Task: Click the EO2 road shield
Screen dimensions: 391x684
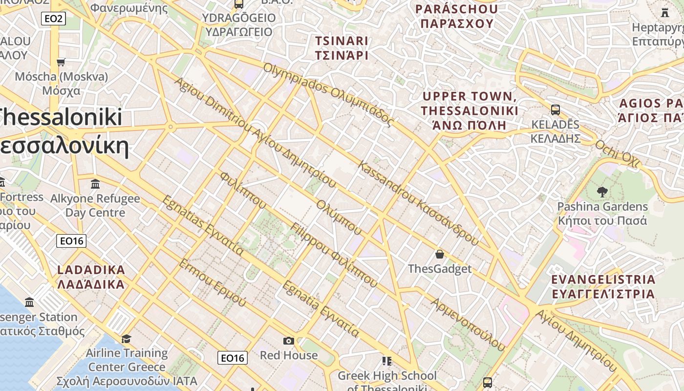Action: (53, 19)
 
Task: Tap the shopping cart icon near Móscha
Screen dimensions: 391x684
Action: (61, 62)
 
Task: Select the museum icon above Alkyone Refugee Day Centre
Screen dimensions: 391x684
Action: (95, 184)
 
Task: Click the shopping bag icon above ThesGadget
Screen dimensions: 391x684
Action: (440, 254)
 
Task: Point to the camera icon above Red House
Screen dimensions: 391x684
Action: (289, 341)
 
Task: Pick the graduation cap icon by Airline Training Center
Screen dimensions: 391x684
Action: (127, 339)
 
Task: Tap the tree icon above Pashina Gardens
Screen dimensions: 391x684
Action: (602, 192)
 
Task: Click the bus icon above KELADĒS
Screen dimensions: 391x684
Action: (555, 109)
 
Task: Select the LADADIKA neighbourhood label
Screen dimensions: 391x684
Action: (91, 277)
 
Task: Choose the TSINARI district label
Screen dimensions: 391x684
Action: (342, 48)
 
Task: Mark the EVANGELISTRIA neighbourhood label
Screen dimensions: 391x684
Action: (603, 286)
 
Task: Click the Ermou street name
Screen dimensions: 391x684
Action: (213, 282)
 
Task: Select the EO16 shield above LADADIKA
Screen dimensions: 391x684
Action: (71, 241)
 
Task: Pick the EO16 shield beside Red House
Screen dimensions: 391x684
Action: (232, 358)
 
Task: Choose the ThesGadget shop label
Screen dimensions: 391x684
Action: (440, 269)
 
